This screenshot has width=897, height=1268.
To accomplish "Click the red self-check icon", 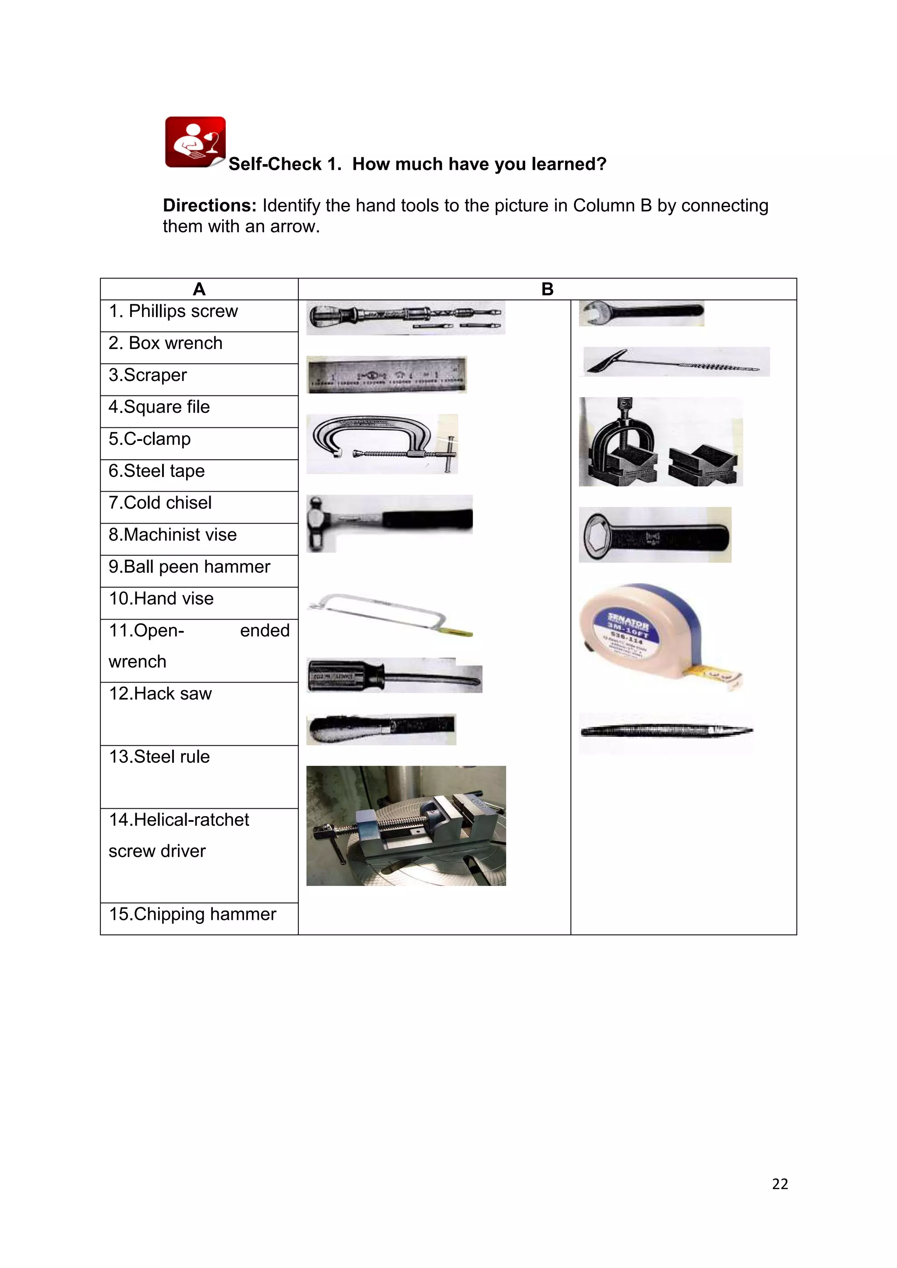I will (195, 142).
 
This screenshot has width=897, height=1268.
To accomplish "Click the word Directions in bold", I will (209, 205).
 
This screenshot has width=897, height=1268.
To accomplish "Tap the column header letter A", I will (199, 289).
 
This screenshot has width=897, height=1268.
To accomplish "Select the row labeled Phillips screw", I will (173, 311).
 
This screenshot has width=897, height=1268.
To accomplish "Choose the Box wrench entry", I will (166, 344).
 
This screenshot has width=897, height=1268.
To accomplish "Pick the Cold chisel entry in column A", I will (160, 503).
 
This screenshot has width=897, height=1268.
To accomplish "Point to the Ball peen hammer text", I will (190, 567).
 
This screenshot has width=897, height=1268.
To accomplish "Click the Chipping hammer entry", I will (192, 915).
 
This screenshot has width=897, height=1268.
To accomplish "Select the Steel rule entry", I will (159, 757).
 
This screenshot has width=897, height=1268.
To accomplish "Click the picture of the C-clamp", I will (381, 444).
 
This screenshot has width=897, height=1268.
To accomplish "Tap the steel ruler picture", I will (387, 374).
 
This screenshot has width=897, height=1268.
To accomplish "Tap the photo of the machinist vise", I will (406, 826).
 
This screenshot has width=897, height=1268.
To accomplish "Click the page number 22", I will (779, 1184).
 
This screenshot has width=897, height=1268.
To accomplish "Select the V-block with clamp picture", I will (660, 442).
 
